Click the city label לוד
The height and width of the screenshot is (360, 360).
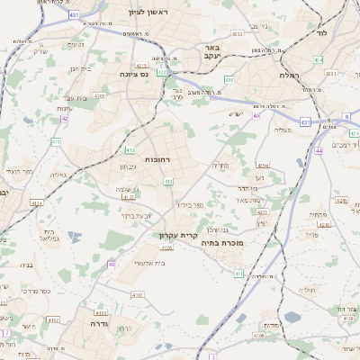point(321,32)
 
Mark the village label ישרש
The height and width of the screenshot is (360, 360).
point(237,113)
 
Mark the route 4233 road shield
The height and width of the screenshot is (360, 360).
point(238,32)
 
